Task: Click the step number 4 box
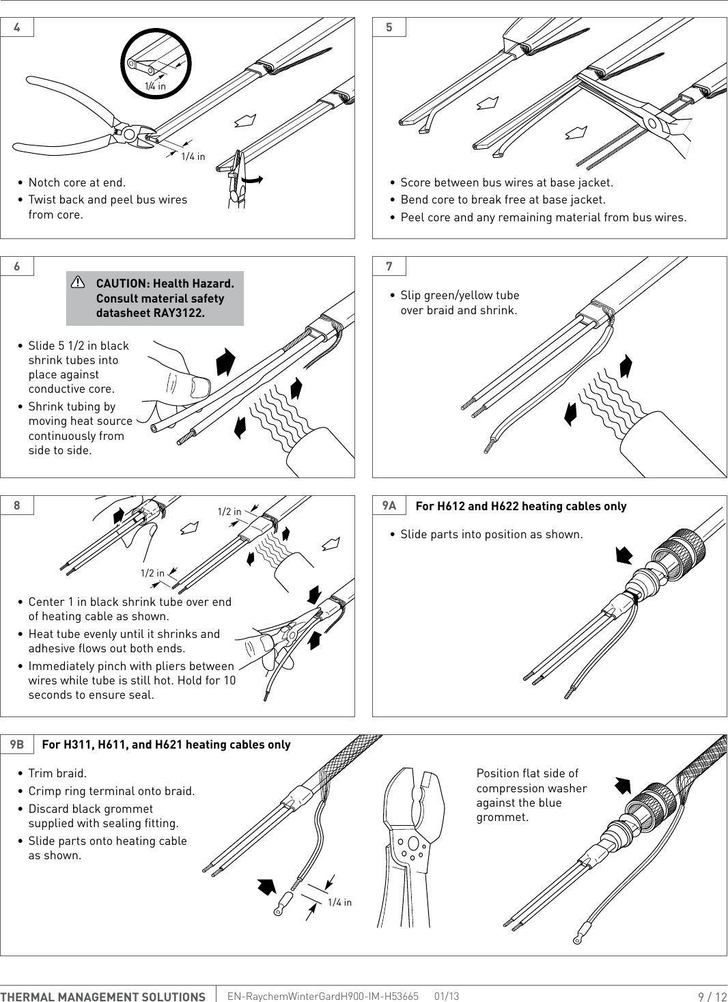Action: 17,27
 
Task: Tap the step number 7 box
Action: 389,266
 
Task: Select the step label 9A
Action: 389,505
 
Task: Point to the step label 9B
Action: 17,744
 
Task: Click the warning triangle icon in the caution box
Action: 79,282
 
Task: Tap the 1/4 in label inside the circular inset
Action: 155,86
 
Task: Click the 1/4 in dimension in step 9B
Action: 339,902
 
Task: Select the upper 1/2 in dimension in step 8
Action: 229,512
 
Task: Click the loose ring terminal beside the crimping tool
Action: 283,904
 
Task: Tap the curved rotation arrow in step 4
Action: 251,179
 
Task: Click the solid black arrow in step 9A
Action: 624,555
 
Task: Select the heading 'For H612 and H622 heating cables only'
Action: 520,506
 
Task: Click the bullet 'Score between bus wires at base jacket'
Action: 506,182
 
